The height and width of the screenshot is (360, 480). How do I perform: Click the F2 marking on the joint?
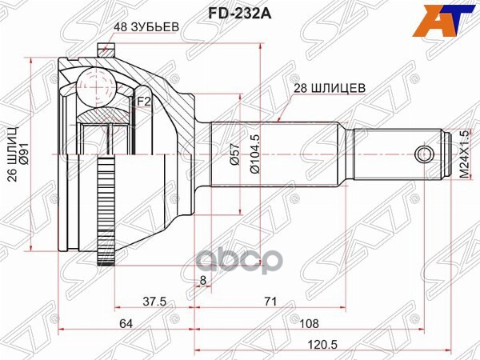[142, 102]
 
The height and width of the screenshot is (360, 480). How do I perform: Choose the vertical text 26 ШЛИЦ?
[12, 153]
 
